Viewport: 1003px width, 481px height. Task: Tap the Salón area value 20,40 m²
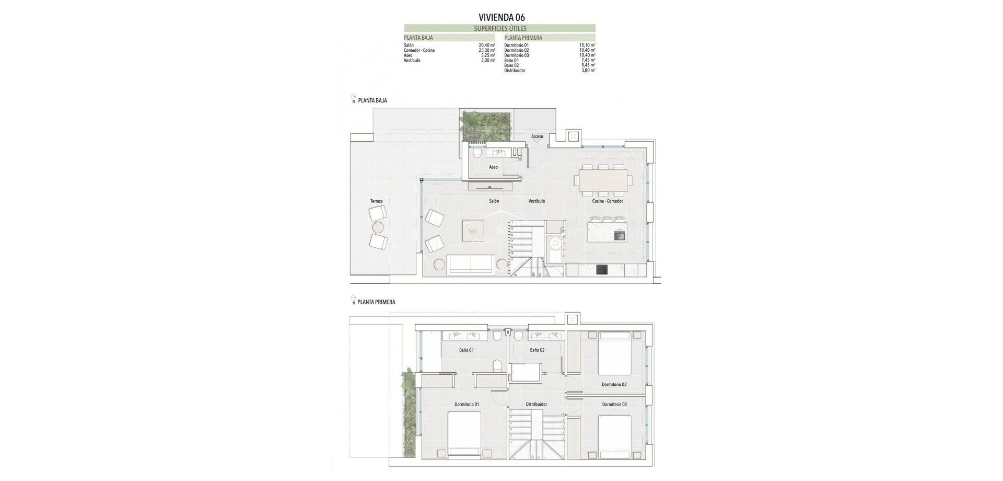(x=486, y=45)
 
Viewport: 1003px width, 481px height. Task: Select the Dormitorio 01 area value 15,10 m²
(x=587, y=45)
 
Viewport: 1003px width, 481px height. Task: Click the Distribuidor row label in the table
(x=515, y=71)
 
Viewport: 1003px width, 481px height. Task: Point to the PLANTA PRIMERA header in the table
(x=523, y=38)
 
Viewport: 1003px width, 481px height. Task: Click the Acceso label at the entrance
(x=537, y=136)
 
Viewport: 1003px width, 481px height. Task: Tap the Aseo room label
(x=493, y=167)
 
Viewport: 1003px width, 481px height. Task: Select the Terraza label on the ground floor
(x=376, y=201)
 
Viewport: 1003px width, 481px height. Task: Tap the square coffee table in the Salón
(x=473, y=231)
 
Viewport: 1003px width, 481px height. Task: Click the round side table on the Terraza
(x=378, y=227)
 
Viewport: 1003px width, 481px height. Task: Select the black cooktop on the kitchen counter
(x=602, y=270)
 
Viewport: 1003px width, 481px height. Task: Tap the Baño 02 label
(x=537, y=350)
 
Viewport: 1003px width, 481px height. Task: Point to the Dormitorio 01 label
(x=466, y=404)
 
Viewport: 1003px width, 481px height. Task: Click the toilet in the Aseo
(x=476, y=154)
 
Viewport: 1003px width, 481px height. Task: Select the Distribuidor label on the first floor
(x=536, y=404)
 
